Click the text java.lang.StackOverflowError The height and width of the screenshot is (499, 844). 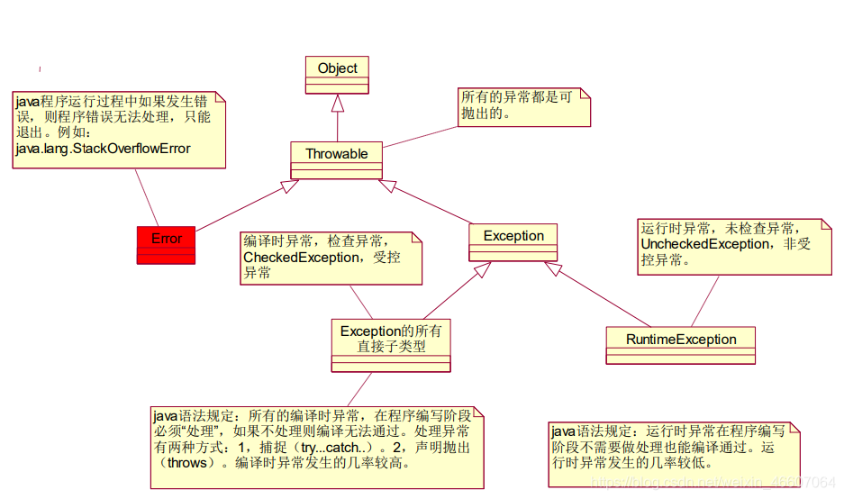103,148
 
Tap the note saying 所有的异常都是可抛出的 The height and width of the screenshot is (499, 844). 522,106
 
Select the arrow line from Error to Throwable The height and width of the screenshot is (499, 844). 243,206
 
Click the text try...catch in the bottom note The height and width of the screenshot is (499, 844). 331,448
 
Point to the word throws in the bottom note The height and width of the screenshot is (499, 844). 188,463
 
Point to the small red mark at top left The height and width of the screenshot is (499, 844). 39,69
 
